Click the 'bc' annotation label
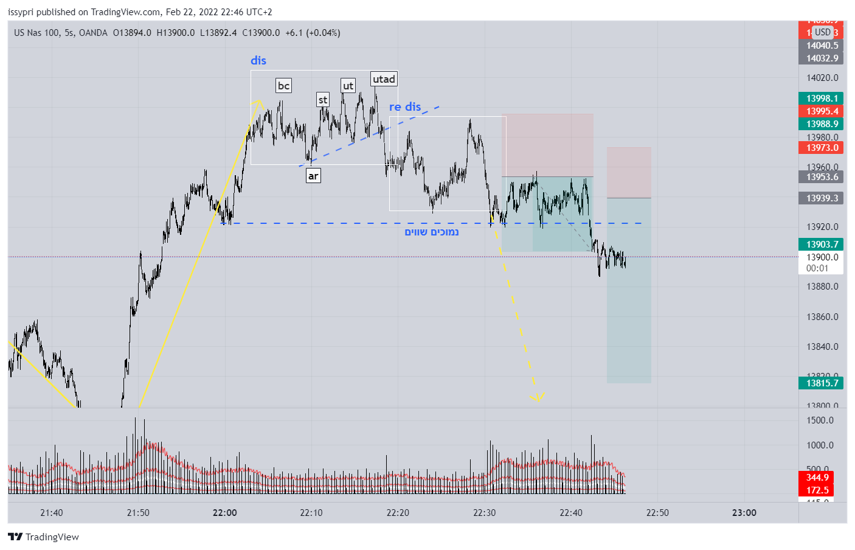click(283, 86)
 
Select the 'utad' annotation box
click(384, 79)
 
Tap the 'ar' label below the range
click(313, 176)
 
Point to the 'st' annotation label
click(323, 100)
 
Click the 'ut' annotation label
click(348, 86)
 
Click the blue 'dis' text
click(258, 60)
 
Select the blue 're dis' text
click(405, 107)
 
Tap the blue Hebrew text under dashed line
click(432, 232)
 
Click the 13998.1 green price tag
click(822, 99)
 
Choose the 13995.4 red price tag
click(822, 111)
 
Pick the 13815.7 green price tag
click(822, 383)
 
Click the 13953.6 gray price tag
click(822, 177)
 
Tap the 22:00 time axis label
click(225, 513)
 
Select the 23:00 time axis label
click(744, 513)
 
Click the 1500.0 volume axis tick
click(820, 420)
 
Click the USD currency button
click(823, 32)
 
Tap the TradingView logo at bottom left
click(44, 537)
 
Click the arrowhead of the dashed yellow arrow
click(537, 399)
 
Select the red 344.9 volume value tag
click(817, 478)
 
